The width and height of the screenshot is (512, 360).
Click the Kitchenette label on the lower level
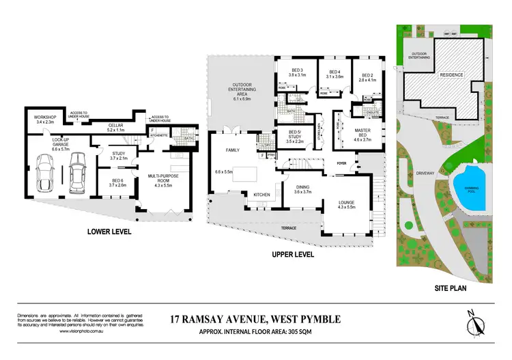pos(158,135)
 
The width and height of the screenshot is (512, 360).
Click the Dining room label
pos(302,189)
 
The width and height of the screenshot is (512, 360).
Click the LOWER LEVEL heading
pos(109,232)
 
